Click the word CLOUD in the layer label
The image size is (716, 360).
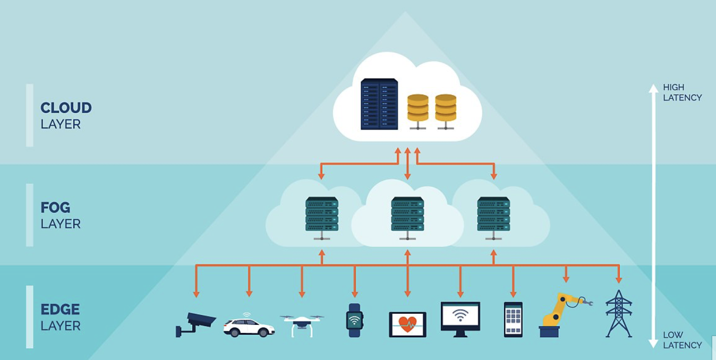click(66, 108)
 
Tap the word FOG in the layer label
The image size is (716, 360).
click(55, 207)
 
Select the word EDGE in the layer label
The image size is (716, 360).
click(60, 309)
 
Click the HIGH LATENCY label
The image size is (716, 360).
click(682, 92)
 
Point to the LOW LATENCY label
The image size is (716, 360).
click(682, 340)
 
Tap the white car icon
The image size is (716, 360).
click(249, 326)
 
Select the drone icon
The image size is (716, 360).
click(302, 323)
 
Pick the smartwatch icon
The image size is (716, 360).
click(354, 320)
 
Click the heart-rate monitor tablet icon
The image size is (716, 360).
click(407, 324)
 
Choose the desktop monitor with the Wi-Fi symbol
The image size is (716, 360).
click(460, 318)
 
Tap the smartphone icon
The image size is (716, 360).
click(513, 319)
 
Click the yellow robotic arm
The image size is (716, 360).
click(560, 315)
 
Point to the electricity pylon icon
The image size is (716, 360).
click(619, 314)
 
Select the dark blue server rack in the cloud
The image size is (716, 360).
click(379, 104)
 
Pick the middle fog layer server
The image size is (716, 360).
click(407, 215)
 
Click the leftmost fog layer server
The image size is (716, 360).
click(322, 215)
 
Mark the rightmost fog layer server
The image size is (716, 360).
click(493, 215)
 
